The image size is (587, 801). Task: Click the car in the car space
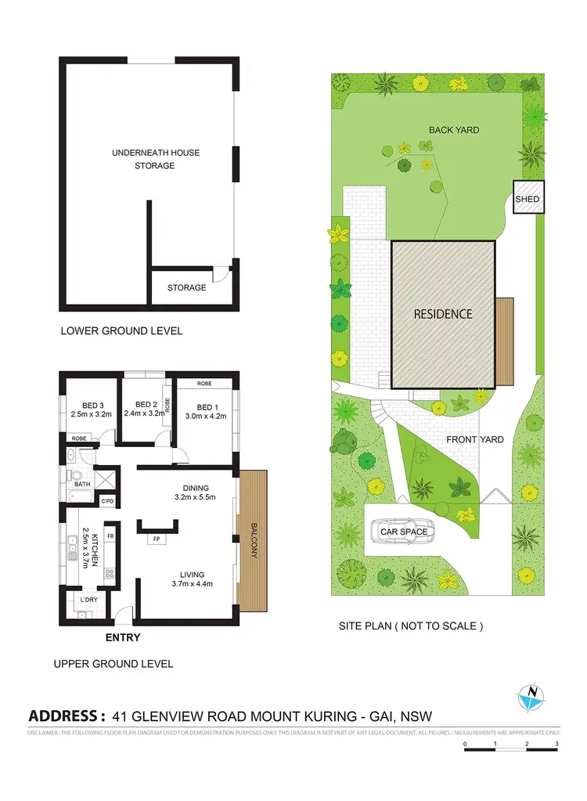(x=403, y=532)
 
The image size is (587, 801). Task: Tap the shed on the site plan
(x=527, y=200)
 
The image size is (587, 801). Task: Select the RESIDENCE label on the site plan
(x=443, y=314)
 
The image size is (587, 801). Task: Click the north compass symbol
(x=531, y=696)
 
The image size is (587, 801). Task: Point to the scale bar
(x=510, y=749)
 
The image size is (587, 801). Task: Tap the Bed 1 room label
(x=207, y=406)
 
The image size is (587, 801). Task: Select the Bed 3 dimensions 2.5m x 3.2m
(x=92, y=414)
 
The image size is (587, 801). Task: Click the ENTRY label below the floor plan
(x=123, y=637)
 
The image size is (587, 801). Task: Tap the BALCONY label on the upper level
(x=254, y=540)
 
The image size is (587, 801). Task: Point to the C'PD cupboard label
(x=108, y=500)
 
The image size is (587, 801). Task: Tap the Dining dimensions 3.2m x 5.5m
(x=194, y=496)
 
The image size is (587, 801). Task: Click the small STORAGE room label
(x=187, y=287)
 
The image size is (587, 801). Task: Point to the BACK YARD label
(x=454, y=130)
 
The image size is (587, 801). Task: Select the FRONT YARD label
(x=475, y=439)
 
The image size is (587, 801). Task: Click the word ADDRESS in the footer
(x=67, y=715)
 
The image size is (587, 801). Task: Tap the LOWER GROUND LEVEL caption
(x=121, y=330)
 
